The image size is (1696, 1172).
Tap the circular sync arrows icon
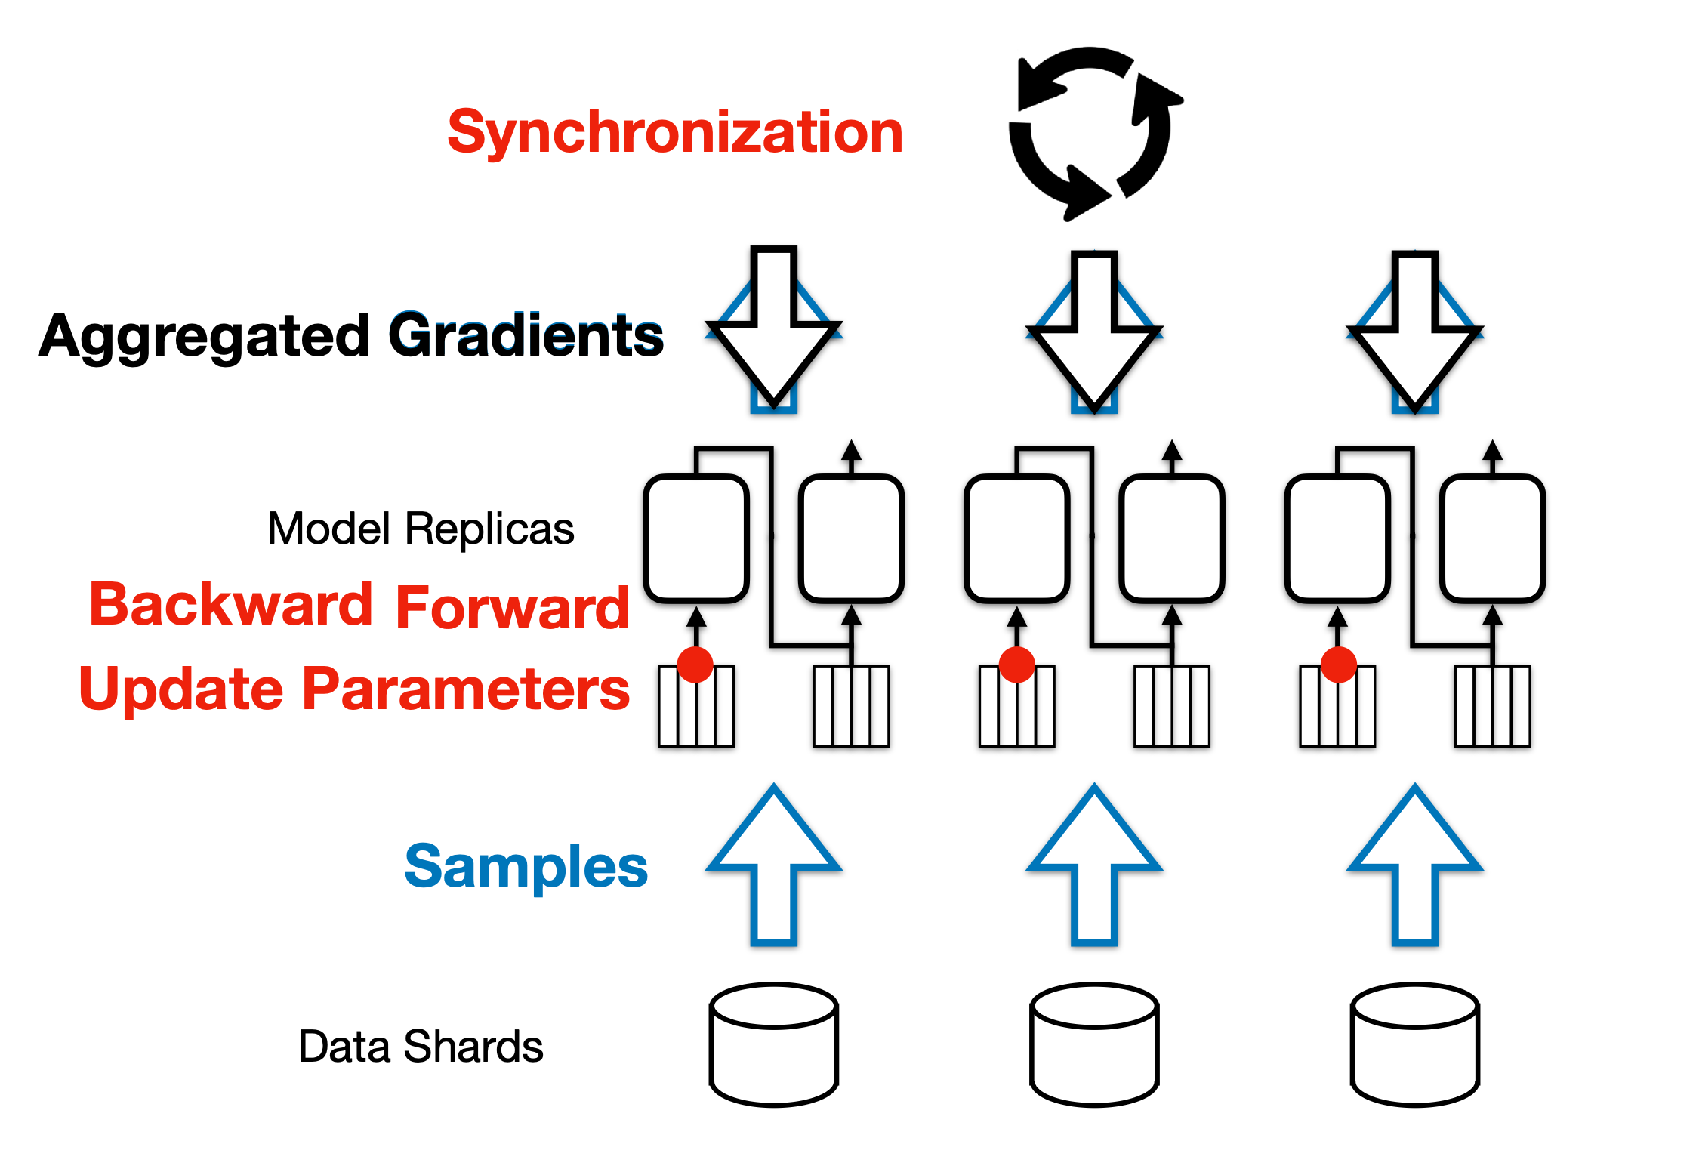click(x=1090, y=133)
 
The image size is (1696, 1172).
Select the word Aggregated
click(x=205, y=336)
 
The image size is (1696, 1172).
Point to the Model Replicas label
click(x=421, y=528)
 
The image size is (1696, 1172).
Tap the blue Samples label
click(x=526, y=866)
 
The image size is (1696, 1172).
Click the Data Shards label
click(x=421, y=1047)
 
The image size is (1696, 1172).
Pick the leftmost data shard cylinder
click(x=774, y=1045)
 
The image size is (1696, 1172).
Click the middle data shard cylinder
click(x=1094, y=1045)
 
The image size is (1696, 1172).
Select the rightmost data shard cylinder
click(x=1415, y=1045)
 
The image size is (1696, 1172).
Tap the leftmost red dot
click(x=695, y=665)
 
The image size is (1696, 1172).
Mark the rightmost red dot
click(x=1339, y=665)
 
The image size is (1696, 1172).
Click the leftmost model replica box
click(x=696, y=538)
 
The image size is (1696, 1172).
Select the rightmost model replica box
click(x=1492, y=538)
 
